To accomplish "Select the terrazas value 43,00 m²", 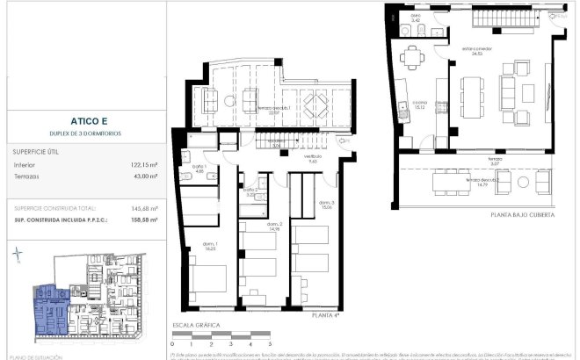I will [143, 176].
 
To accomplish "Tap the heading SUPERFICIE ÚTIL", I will [36, 151].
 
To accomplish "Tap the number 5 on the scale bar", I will [270, 344].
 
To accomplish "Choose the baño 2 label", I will [250, 191].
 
